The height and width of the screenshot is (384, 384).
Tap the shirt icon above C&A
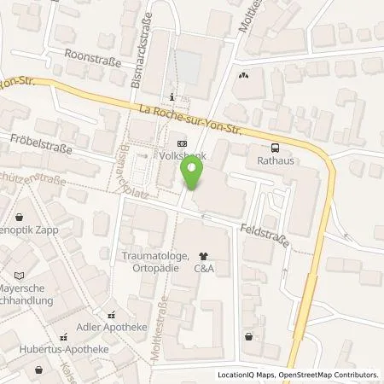tap(203, 255)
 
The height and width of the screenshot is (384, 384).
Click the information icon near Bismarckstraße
tap(173, 96)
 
